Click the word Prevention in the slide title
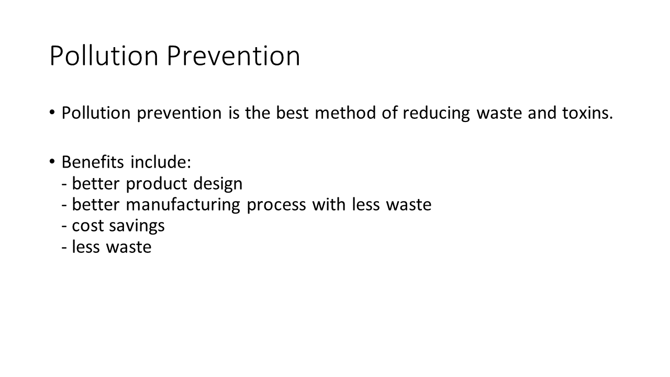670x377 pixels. [x=233, y=56]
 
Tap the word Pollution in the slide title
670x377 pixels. [x=104, y=56]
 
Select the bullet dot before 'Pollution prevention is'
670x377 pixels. [x=52, y=113]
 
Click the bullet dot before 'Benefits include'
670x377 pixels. [x=52, y=162]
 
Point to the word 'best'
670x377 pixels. [x=292, y=113]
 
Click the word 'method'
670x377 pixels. [x=345, y=113]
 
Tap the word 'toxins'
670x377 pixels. [x=585, y=113]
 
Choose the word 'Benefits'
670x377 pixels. [x=93, y=162]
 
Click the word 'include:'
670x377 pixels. [x=161, y=162]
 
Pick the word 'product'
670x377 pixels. [x=157, y=184]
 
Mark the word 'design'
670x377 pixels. [x=218, y=184]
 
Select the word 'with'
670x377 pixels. [x=329, y=204]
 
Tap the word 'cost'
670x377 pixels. [x=87, y=226]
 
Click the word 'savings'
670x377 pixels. [x=137, y=227]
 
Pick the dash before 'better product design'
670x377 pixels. [x=64, y=184]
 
